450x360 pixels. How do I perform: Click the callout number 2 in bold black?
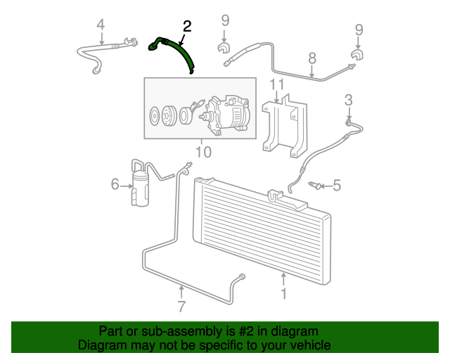(187, 27)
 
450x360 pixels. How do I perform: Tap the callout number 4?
(101, 25)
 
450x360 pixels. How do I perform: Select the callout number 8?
(312, 58)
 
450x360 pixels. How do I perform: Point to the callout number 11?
(277, 84)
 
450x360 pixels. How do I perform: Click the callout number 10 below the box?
(203, 152)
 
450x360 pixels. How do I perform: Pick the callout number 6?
(115, 184)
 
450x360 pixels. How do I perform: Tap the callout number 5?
(337, 186)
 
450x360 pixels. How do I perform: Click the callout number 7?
(181, 307)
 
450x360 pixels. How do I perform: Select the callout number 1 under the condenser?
(283, 294)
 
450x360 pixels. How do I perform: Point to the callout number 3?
(349, 100)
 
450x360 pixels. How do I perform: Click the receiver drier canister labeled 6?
(140, 188)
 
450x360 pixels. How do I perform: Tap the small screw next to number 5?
(315, 185)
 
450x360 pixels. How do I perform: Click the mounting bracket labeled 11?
(284, 125)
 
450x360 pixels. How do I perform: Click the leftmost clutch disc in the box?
(155, 116)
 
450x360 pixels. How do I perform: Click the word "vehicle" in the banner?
(313, 345)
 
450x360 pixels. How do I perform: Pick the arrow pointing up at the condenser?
(283, 279)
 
